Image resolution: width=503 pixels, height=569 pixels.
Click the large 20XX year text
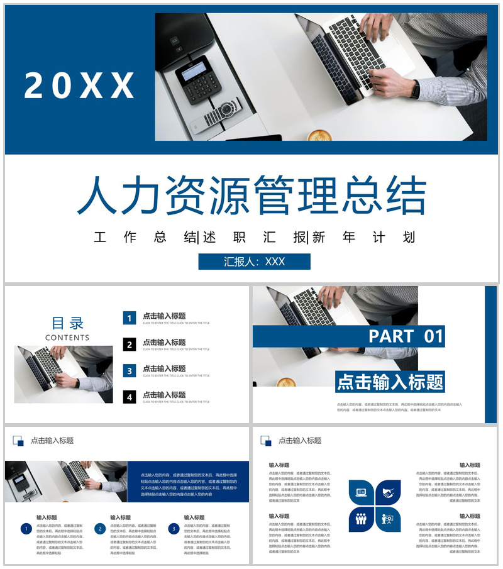[x=80, y=85]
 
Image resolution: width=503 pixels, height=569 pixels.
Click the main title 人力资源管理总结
[x=251, y=196]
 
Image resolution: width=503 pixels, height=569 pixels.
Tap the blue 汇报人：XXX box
[x=254, y=262]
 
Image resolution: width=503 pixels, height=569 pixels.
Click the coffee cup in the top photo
[x=319, y=135]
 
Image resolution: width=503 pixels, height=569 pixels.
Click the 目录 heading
[x=67, y=323]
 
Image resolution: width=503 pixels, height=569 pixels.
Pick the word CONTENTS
[x=67, y=338]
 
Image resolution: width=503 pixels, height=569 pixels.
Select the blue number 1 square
[x=130, y=318]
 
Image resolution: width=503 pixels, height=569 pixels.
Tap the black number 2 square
[x=130, y=345]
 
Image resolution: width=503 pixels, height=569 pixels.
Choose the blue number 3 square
[x=130, y=371]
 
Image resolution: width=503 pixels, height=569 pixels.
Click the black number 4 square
[x=130, y=397]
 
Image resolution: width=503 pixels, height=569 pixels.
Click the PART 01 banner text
[x=406, y=336]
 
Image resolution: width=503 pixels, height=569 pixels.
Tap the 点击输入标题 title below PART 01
[x=390, y=382]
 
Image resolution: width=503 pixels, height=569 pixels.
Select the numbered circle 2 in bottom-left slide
[x=99, y=529]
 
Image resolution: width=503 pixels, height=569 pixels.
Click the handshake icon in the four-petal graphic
[x=389, y=492]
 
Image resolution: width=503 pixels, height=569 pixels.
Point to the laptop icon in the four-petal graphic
[x=362, y=492]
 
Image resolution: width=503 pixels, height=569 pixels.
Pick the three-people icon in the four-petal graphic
[x=362, y=519]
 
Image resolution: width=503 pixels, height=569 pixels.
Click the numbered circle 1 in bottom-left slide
[x=26, y=529]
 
